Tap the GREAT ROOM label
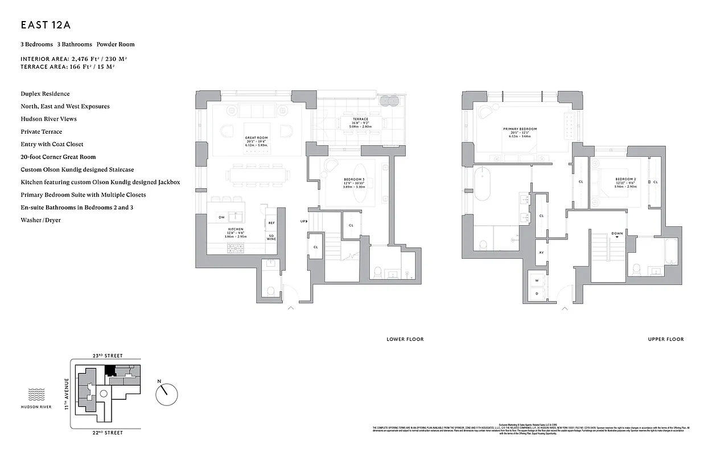[x=256, y=138]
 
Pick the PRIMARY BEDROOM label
[x=520, y=129]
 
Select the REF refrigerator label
[x=271, y=223]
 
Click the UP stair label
[x=304, y=221]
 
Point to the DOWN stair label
[x=617, y=233]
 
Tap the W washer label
[x=536, y=280]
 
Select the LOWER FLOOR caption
[x=405, y=340]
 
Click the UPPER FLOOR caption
[x=665, y=340]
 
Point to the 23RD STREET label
[x=107, y=355]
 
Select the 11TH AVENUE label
[x=67, y=394]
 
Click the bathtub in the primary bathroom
[x=482, y=184]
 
